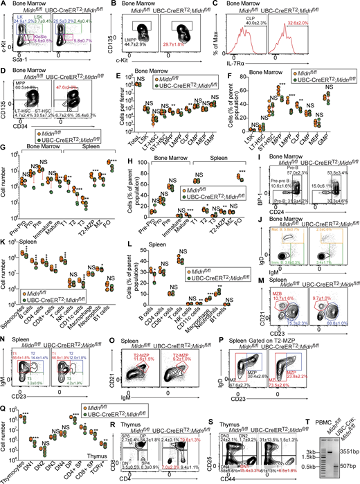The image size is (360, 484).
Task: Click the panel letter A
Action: pos(4,5)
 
